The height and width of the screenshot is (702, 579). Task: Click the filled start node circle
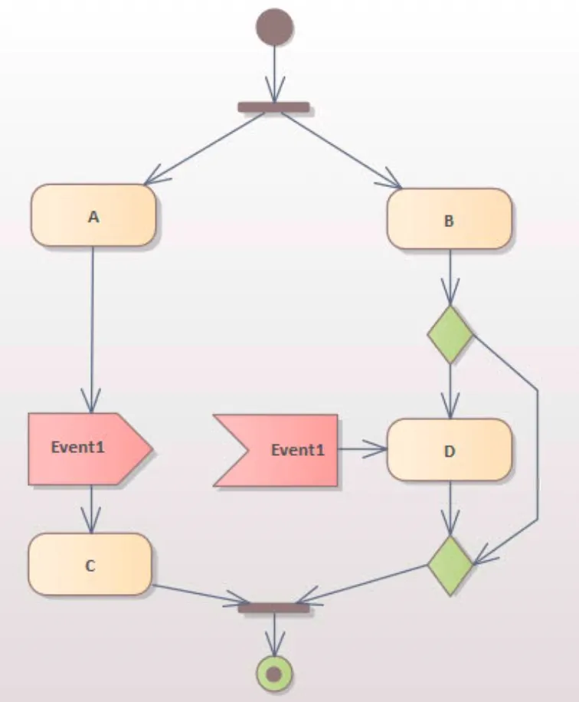(x=274, y=27)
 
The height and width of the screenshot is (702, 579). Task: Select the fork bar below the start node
(x=273, y=107)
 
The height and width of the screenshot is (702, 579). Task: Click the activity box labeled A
(x=93, y=215)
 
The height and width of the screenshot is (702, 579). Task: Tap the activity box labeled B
(x=450, y=219)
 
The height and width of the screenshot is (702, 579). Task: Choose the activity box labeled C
(x=90, y=565)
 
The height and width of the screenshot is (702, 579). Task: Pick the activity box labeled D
(x=450, y=450)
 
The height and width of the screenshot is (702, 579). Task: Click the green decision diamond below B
(x=450, y=335)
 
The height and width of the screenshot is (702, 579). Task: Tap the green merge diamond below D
(x=450, y=565)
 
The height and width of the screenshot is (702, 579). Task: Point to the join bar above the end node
(x=273, y=608)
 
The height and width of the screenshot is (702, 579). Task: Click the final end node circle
(x=274, y=674)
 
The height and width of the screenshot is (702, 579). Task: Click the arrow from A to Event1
(x=92, y=330)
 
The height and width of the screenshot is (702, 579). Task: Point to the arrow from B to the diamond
(x=450, y=276)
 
